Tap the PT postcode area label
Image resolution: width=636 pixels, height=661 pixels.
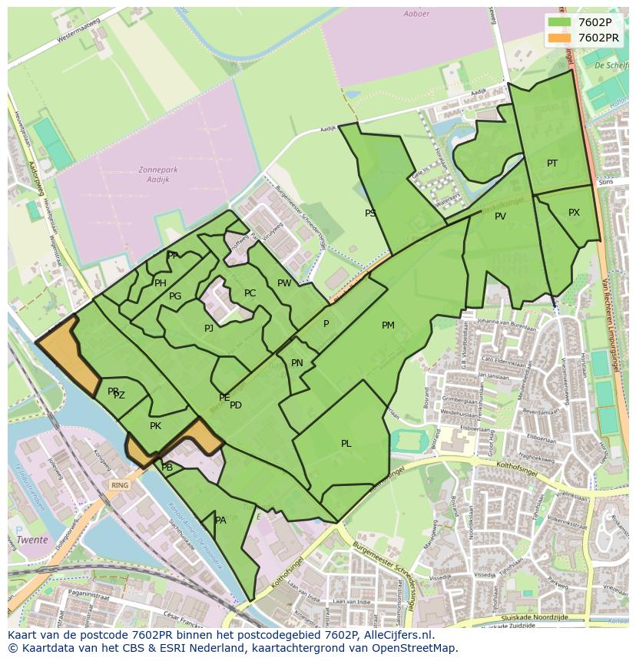[x=552, y=164]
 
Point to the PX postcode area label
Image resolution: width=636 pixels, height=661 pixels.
[x=574, y=213]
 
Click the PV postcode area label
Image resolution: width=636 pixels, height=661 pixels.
[x=500, y=216]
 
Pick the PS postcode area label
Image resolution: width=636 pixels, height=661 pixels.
[x=370, y=213]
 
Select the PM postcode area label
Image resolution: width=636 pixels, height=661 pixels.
[x=388, y=326]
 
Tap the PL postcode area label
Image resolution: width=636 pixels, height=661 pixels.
[x=346, y=444]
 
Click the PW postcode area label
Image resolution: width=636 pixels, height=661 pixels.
[x=284, y=283]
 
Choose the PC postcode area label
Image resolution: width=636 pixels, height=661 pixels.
[x=250, y=293]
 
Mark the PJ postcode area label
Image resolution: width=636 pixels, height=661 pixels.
[x=209, y=329]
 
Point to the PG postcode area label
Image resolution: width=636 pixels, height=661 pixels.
[x=175, y=296]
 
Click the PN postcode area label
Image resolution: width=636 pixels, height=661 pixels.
[x=297, y=363]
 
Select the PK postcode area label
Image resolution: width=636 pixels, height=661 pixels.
[x=155, y=426]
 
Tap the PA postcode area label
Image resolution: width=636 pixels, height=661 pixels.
[x=220, y=521]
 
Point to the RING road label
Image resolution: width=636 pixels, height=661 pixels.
[x=120, y=485]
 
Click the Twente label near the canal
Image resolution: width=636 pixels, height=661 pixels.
[x=33, y=540]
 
